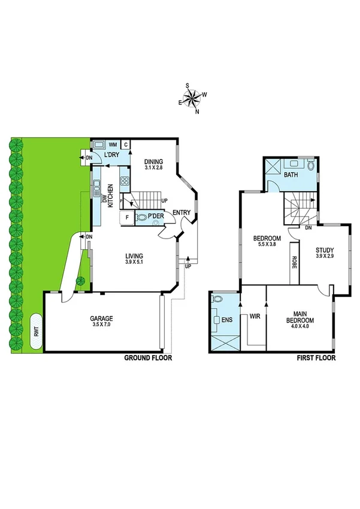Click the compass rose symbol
193,100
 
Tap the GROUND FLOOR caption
147,358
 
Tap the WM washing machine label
112,144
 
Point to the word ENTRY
181,213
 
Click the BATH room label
291,175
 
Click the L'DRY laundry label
112,156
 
